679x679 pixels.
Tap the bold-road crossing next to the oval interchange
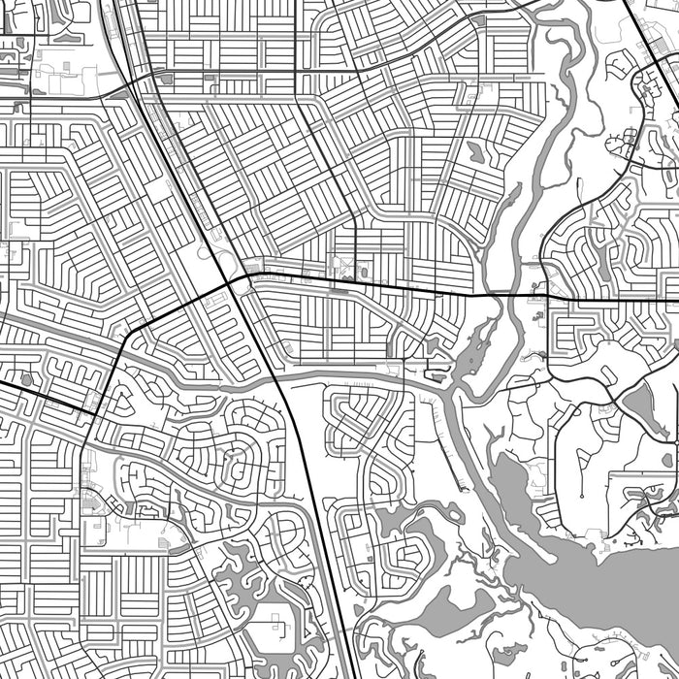point(234,281)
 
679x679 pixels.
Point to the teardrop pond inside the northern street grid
point(475,151)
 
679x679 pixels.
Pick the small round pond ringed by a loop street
point(26,379)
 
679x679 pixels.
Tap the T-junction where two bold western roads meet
point(94,414)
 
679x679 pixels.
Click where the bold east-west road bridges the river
point(503,294)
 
